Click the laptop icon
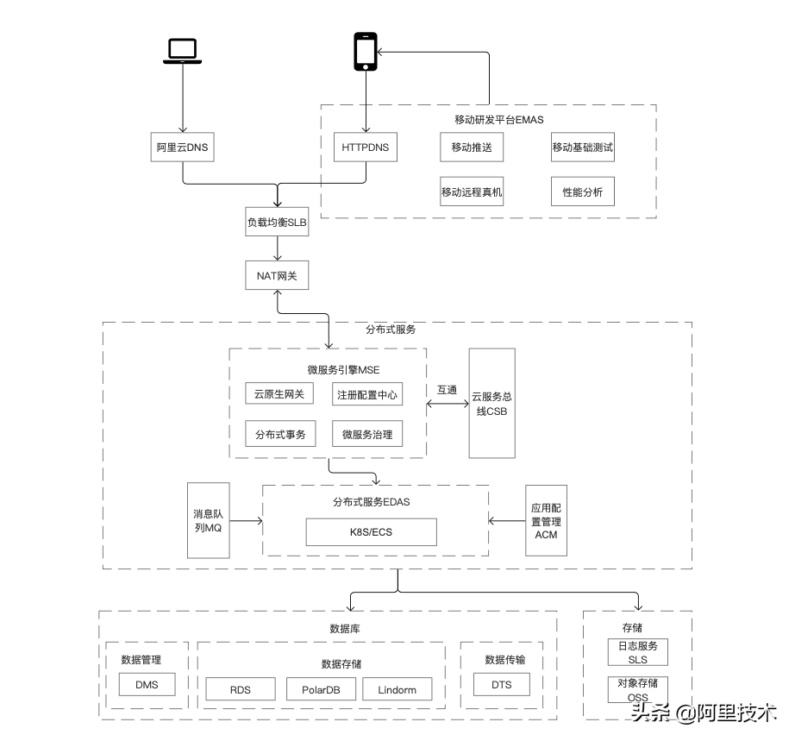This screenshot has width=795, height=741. (x=182, y=51)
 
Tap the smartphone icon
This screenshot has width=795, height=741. (x=366, y=52)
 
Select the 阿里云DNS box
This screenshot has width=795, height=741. (x=183, y=148)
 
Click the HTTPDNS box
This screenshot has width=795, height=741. (x=366, y=148)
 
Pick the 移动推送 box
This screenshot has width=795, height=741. (x=472, y=148)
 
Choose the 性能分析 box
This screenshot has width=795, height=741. (x=583, y=192)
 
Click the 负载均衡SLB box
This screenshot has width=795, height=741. (x=277, y=222)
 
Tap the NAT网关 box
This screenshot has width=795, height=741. (x=277, y=275)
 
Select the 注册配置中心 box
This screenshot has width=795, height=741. (x=367, y=394)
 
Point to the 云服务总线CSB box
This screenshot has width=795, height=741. (x=491, y=403)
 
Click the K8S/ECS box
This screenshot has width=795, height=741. (x=371, y=532)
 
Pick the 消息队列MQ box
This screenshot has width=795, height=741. (x=209, y=520)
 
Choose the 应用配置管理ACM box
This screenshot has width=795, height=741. (x=546, y=521)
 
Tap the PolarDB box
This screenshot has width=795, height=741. (x=321, y=689)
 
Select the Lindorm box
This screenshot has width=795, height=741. (x=397, y=689)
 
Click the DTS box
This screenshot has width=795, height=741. (x=502, y=685)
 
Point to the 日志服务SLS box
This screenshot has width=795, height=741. (x=638, y=652)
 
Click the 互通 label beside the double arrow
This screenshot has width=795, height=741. (x=448, y=390)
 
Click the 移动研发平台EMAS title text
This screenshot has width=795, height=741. (x=499, y=120)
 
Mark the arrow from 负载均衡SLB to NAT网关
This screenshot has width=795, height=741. (x=278, y=248)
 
